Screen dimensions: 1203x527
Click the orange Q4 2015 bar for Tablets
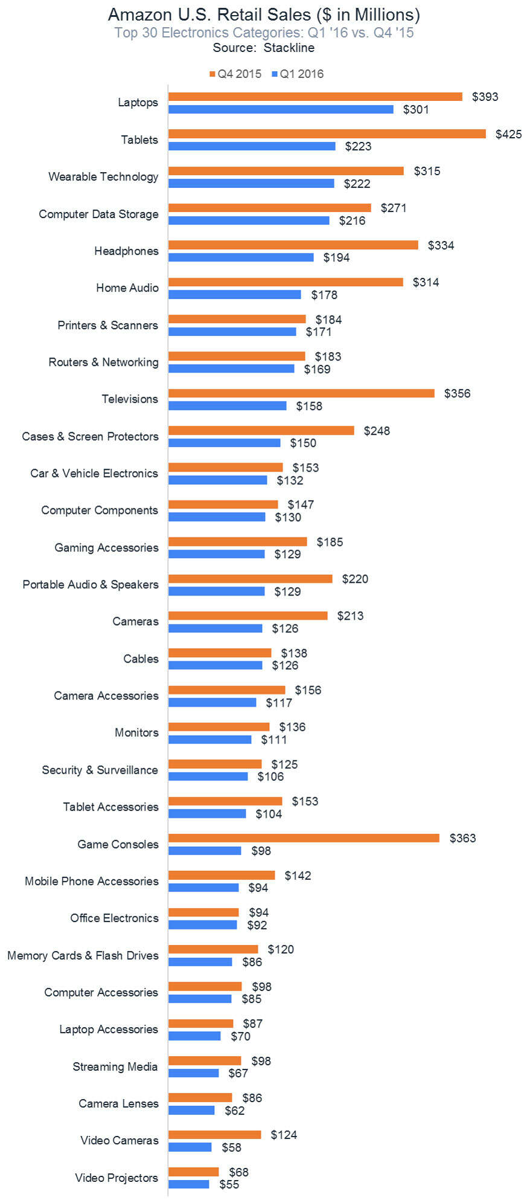(x=327, y=133)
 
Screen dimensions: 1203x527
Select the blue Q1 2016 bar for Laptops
(x=281, y=109)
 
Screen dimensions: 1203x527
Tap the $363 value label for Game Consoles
(x=462, y=838)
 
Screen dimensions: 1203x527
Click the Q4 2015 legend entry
(x=235, y=74)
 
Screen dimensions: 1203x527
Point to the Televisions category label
(x=130, y=399)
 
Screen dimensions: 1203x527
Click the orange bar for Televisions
(x=301, y=393)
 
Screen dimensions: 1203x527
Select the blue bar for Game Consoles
(x=205, y=850)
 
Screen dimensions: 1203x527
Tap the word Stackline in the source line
(x=289, y=48)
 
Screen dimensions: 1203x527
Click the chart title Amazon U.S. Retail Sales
(x=264, y=14)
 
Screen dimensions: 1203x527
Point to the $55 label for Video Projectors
(x=229, y=1184)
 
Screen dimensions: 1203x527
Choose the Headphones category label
(x=126, y=251)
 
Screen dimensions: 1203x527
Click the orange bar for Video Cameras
(x=214, y=1134)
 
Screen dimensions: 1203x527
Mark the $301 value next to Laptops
(x=416, y=109)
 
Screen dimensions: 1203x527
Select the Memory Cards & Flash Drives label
(x=83, y=955)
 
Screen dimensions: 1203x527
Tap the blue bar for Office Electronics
(x=202, y=925)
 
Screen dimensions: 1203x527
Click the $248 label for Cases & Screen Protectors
(x=377, y=431)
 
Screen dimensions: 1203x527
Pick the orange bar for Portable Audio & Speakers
(x=250, y=579)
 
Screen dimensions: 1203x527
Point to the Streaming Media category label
(x=115, y=1067)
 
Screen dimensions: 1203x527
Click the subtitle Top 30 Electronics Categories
(x=264, y=33)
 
